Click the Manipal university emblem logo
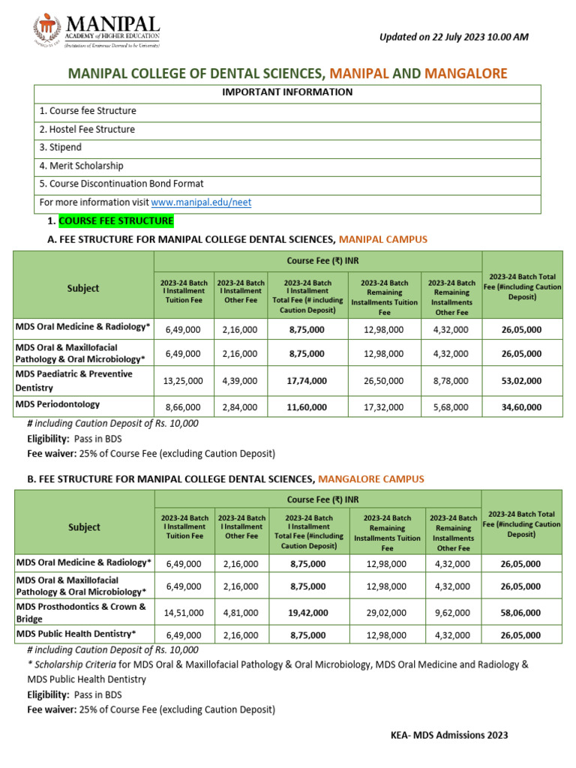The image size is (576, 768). tap(46, 30)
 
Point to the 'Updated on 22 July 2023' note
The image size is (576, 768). tap(454, 37)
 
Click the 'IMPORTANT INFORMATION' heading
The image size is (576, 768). tap(287, 92)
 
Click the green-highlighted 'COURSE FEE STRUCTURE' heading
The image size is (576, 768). tap(115, 221)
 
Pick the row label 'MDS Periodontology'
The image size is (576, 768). tap(58, 404)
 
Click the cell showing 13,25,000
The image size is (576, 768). tap(183, 381)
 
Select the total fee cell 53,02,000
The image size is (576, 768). tap(521, 381)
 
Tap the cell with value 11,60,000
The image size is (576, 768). tap(307, 407)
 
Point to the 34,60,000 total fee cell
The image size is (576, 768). tap(521, 407)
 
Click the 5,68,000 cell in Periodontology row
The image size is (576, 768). tap(451, 407)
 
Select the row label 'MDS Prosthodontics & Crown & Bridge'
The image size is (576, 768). tap(81, 612)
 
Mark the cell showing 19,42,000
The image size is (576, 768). tap(307, 613)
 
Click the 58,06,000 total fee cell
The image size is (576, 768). tap(521, 613)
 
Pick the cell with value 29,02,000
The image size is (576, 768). tap(386, 613)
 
